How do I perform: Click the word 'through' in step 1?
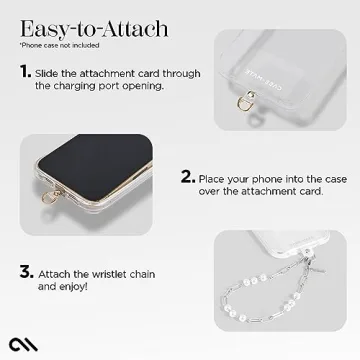point(172,73)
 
